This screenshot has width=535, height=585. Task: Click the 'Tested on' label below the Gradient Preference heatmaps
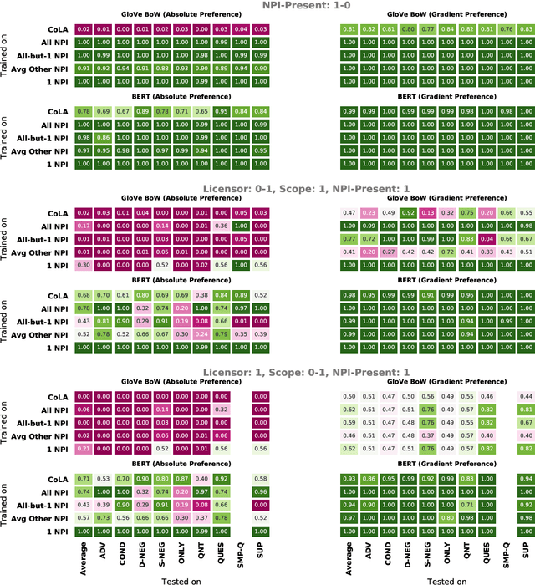point(446,580)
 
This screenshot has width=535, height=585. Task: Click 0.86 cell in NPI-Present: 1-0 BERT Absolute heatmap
point(104,137)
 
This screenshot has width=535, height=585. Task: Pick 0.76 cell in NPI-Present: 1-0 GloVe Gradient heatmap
point(507,29)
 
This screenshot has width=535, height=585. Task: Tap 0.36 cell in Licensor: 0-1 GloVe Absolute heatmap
point(222,226)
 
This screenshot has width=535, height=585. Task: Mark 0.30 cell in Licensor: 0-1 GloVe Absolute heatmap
point(84,265)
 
